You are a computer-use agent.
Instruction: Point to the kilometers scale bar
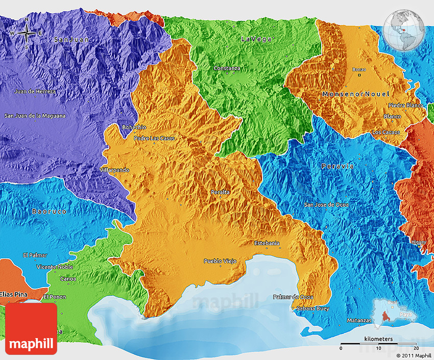point(378,343)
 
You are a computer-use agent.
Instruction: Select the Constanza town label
point(227,68)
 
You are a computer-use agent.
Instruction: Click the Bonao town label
point(359,69)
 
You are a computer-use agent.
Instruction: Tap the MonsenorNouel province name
point(355,94)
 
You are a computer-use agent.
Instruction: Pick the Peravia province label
point(337,166)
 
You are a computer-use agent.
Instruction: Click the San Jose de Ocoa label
point(327,205)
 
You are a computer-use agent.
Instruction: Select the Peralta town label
point(220,192)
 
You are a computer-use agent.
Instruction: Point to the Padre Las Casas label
point(154,138)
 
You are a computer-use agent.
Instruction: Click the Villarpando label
point(114,170)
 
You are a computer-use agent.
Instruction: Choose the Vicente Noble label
point(54,267)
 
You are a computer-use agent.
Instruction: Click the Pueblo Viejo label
point(220,261)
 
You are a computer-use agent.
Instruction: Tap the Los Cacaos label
point(386,132)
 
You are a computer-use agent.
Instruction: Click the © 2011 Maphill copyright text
point(414,355)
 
